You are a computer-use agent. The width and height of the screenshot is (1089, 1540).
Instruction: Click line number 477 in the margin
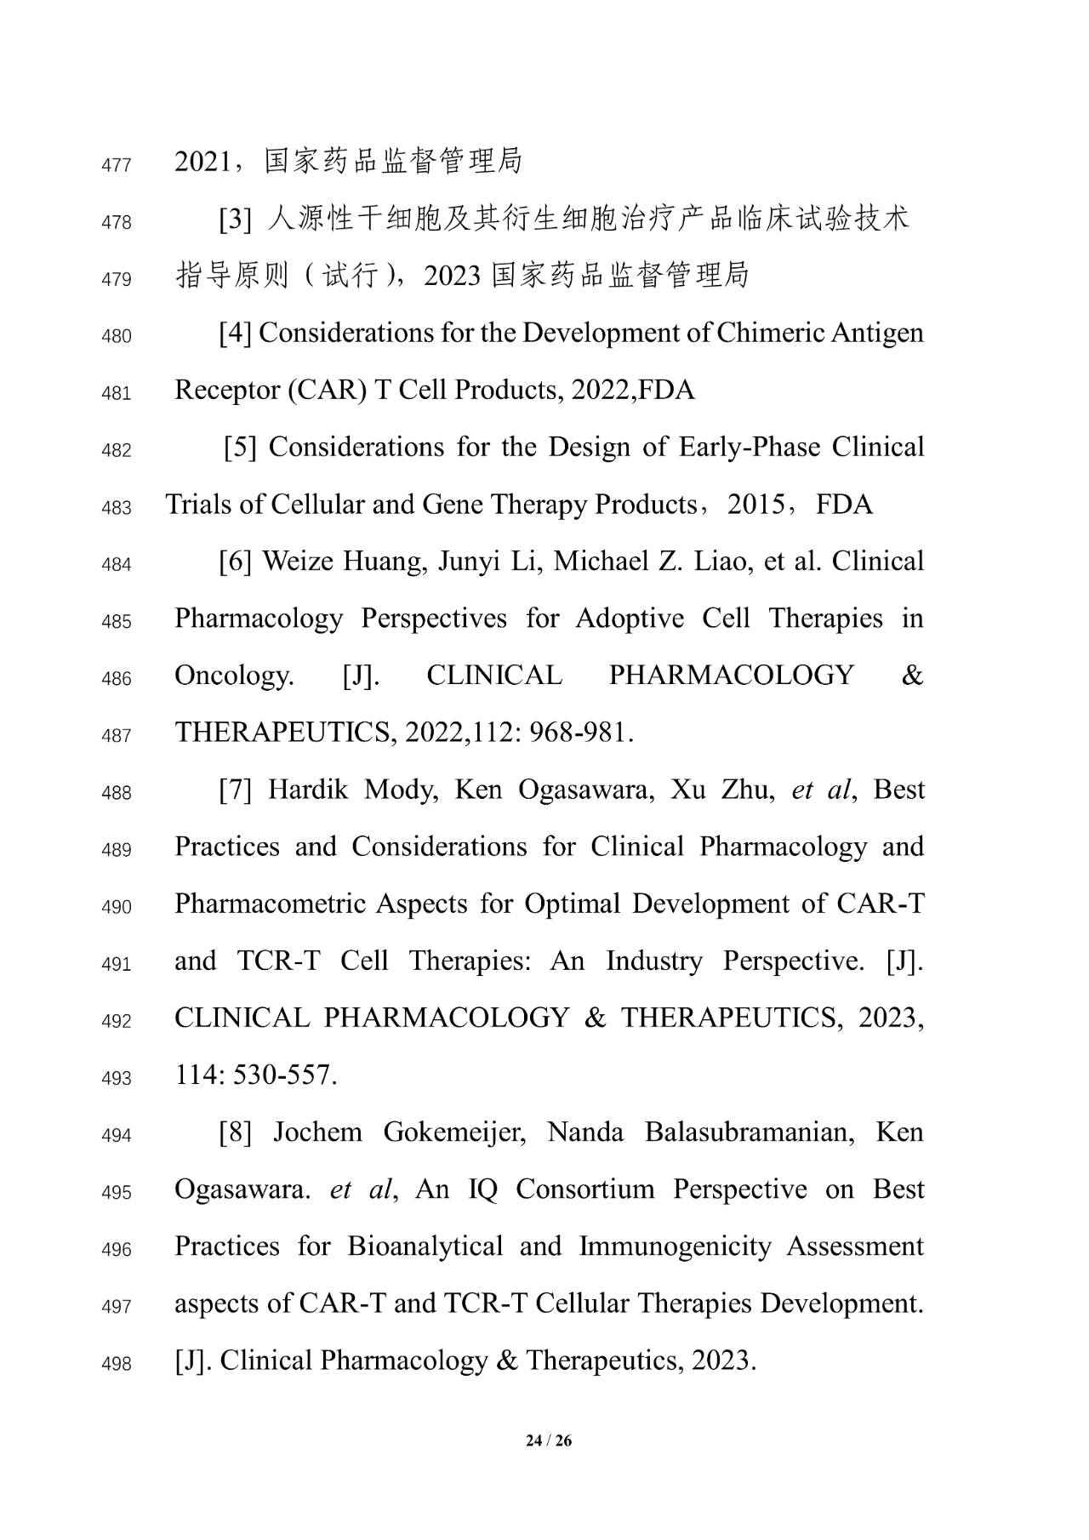pyautogui.click(x=116, y=165)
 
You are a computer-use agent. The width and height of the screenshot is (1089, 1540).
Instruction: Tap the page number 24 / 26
pyautogui.click(x=549, y=1440)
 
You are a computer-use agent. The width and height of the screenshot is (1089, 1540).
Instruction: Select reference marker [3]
pyautogui.click(x=235, y=220)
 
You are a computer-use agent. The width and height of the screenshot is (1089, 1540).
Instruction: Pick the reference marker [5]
pyautogui.click(x=240, y=448)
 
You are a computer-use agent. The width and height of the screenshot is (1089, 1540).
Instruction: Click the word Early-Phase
pyautogui.click(x=750, y=448)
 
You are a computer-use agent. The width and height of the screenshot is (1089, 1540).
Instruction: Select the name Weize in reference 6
pyautogui.click(x=297, y=562)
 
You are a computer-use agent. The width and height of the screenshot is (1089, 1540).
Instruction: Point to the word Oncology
pyautogui.click(x=234, y=676)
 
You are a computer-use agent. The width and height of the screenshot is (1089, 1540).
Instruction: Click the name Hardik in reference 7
pyautogui.click(x=308, y=790)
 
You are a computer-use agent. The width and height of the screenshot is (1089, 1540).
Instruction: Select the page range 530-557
pyautogui.click(x=285, y=1075)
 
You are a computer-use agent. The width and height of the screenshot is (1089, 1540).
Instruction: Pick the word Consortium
pyautogui.click(x=585, y=1189)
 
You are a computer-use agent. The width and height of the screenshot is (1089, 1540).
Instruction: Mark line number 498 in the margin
pyautogui.click(x=116, y=1365)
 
